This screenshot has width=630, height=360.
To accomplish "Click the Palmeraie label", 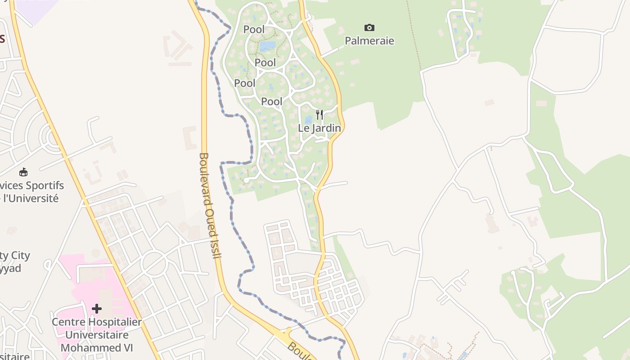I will pos(369,41).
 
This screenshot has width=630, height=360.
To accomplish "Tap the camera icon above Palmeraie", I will pos(369,28).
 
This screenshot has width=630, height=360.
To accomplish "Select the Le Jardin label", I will pos(319,128).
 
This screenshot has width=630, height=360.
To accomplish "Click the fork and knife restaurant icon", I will pos(319,115).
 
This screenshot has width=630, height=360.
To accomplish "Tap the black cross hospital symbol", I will pos(96,309).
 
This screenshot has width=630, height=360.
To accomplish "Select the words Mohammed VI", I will pos(97,348).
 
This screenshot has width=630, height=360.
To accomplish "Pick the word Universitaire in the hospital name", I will pos(97,335).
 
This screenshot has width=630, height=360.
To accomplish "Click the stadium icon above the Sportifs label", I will pos(23,172).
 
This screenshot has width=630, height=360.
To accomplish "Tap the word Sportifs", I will pos(44,185).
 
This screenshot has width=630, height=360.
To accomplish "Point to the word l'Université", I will pos(31,198).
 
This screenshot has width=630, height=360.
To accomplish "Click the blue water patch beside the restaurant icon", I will pos(309,120).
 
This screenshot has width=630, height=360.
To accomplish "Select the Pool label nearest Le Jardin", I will pos(272,102).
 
